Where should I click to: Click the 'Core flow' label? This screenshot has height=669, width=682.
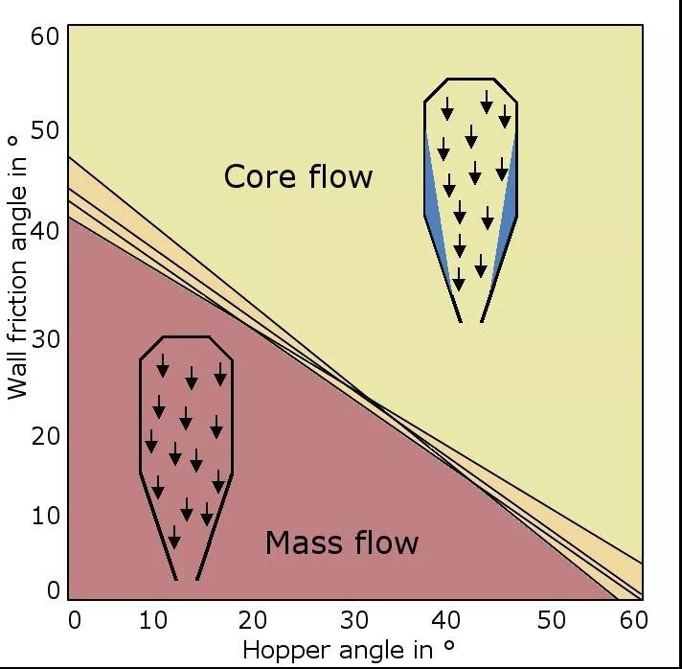[298, 176]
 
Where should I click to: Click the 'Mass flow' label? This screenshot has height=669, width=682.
[342, 542]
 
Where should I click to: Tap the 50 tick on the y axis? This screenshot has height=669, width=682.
[45, 130]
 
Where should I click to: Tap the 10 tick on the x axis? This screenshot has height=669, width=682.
[153, 619]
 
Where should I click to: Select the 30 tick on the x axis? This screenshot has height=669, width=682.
[354, 619]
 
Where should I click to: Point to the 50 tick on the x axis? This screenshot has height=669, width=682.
[553, 619]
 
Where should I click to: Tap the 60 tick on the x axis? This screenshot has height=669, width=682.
[631, 619]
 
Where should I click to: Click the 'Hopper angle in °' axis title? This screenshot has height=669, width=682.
[349, 650]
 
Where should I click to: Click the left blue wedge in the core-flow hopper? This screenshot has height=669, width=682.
[433, 206]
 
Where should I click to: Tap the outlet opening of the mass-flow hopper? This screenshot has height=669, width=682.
[187, 578]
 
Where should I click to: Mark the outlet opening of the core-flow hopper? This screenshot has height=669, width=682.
[470, 320]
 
